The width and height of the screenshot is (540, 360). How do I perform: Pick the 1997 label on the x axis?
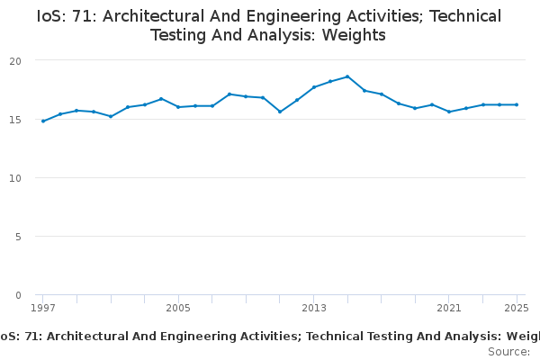[x=42, y=308]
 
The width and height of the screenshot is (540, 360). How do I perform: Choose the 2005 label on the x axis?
[x=178, y=308]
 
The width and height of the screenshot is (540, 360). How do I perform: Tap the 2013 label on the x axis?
[x=313, y=308]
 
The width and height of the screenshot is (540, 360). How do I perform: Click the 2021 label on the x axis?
[x=449, y=308]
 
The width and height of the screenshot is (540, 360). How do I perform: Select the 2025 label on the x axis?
[x=516, y=308]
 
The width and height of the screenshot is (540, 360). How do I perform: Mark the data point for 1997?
[x=43, y=121]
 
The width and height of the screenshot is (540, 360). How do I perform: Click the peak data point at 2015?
[x=347, y=76]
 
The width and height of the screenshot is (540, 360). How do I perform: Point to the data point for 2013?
[x=313, y=87]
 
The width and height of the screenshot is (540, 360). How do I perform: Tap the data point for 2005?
[x=178, y=107]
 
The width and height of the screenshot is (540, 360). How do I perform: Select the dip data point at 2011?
[x=280, y=112]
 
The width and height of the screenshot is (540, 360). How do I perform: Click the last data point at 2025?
[x=517, y=104]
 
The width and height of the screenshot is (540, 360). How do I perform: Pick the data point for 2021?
[x=449, y=112]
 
